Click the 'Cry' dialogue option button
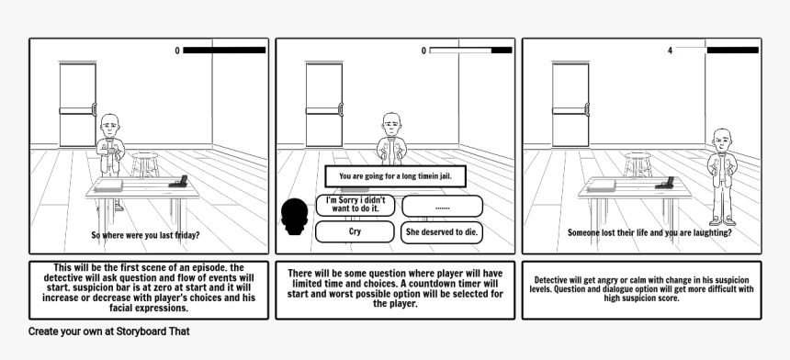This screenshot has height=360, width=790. tap(355, 231)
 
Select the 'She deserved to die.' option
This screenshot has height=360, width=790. tap(442, 232)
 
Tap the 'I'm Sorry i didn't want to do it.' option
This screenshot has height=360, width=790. tap(355, 205)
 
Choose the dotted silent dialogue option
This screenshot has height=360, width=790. tap(442, 207)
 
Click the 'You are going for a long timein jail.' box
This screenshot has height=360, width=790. tap(396, 176)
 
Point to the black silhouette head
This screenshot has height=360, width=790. tap(294, 217)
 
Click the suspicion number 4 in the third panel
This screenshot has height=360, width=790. tap(670, 51)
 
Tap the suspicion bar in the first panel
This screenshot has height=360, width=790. tap(224, 51)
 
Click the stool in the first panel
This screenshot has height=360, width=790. tap(145, 164)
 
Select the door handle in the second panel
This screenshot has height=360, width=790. tap(340, 110)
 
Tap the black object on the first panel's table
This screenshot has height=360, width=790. tap(178, 182)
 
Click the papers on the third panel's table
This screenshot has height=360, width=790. tap(602, 186)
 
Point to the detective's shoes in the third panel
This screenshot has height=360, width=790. tap(723, 220)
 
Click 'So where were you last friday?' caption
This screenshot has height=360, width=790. tap(146, 235)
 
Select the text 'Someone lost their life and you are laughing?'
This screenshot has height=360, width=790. tap(650, 232)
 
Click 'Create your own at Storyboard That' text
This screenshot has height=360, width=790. tap(108, 332)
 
